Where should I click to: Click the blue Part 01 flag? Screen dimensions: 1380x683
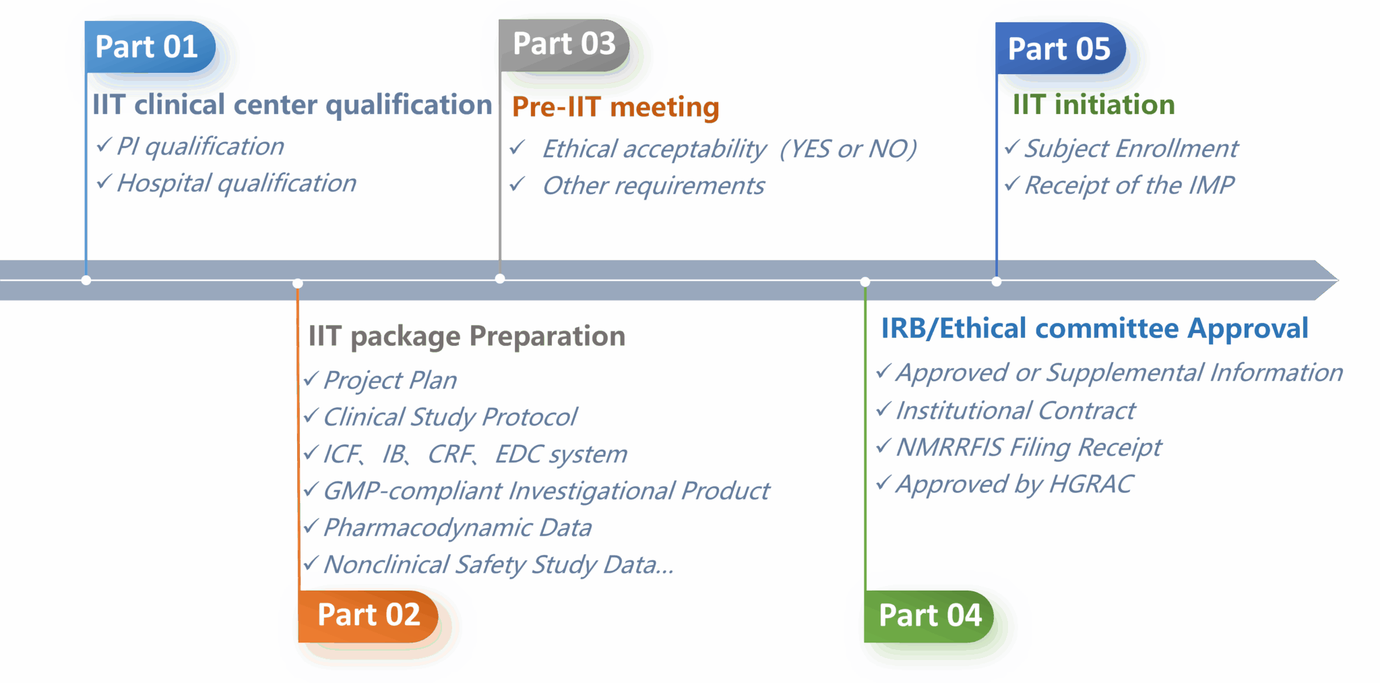tap(150, 47)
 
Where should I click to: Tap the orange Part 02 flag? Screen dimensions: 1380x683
tap(368, 616)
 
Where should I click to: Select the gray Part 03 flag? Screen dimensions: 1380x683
tap(564, 44)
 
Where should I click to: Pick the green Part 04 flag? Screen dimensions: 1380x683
tap(929, 616)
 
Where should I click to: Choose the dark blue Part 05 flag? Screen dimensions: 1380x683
tap(1061, 49)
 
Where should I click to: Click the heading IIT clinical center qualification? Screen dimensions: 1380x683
tap(292, 105)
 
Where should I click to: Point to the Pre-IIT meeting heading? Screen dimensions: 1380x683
tap(615, 107)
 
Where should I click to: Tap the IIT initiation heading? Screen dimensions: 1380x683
tap(1094, 105)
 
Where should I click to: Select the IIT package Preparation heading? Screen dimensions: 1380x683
tap(466, 336)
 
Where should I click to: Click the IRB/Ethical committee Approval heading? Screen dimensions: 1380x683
tap(1094, 329)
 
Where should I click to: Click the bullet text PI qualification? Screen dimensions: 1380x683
tap(200, 146)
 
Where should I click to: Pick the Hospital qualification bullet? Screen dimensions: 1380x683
tap(237, 183)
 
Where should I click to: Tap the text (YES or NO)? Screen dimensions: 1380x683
tap(848, 149)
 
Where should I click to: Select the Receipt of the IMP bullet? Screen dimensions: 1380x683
tap(1129, 185)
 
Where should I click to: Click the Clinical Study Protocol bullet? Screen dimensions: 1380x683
tap(450, 417)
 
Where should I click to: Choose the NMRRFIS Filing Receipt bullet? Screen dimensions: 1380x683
tap(1029, 448)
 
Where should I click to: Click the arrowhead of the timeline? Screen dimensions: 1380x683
tap(1327, 280)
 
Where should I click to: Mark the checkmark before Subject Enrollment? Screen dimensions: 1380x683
tap(1011, 147)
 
